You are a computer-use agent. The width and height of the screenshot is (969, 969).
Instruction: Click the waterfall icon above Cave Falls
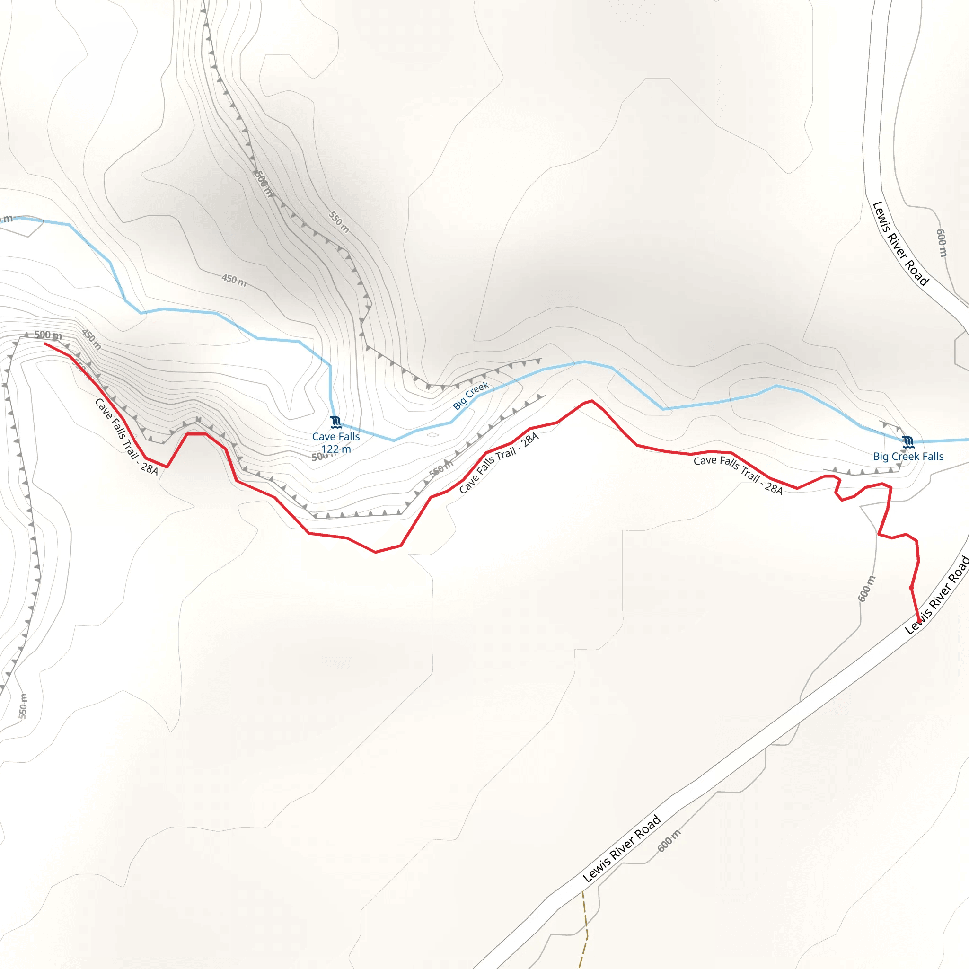(x=335, y=423)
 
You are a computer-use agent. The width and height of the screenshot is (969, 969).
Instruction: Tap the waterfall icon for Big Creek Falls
(x=908, y=442)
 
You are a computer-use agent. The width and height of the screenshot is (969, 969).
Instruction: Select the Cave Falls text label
(x=335, y=437)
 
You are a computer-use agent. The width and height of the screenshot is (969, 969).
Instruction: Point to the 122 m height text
(x=335, y=449)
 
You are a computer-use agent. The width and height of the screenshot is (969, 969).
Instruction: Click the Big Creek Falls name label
(x=908, y=457)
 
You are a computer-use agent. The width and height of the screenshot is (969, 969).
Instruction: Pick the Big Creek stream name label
(x=470, y=396)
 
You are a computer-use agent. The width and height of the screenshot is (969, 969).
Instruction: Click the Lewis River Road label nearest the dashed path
(x=621, y=849)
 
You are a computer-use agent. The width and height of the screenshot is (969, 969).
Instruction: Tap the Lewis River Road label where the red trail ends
(x=936, y=595)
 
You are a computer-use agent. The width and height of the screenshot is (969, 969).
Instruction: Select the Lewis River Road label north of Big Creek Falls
(x=900, y=244)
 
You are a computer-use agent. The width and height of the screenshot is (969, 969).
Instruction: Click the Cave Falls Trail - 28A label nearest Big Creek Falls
(x=738, y=475)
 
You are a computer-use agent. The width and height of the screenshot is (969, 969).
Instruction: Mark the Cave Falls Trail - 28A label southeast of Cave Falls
(x=499, y=463)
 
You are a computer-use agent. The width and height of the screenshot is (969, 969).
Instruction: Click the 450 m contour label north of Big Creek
(x=234, y=280)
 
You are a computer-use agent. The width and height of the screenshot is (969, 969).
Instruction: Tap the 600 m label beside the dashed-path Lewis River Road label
(x=669, y=841)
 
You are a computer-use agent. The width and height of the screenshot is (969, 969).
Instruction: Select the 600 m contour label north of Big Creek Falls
(x=942, y=243)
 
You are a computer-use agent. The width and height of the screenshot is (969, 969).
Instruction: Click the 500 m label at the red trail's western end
(x=48, y=335)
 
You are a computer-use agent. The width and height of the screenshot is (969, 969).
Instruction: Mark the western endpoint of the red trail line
(x=45, y=344)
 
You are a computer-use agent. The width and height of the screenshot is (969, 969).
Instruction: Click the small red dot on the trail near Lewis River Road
(x=911, y=587)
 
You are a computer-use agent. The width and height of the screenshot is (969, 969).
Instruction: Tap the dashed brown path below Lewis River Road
(x=585, y=923)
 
